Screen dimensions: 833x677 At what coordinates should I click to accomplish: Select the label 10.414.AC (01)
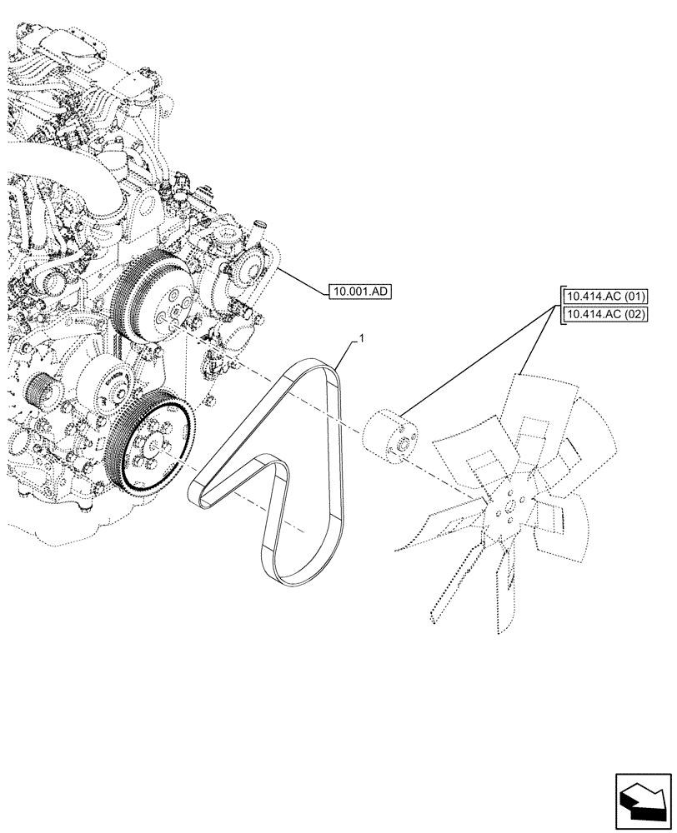click(606, 297)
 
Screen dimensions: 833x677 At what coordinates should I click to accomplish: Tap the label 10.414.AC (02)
click(606, 313)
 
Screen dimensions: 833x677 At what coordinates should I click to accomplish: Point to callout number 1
click(359, 337)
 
